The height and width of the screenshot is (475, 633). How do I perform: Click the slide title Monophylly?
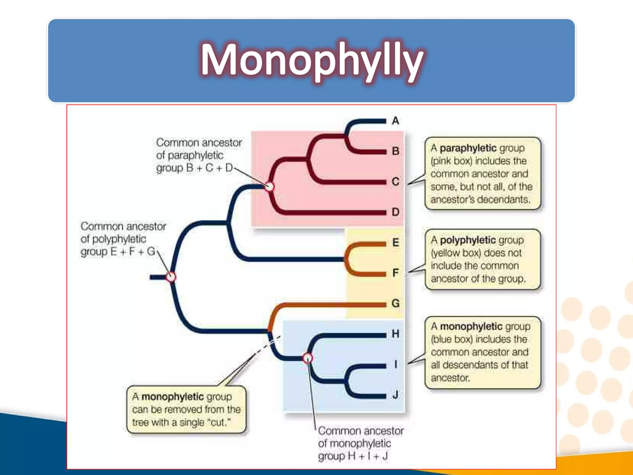point(312,60)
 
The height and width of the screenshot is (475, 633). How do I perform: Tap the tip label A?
point(395,121)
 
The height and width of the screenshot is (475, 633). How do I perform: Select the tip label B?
point(395,151)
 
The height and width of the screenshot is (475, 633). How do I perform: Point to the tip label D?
point(395,212)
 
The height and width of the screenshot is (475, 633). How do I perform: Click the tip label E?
point(395,242)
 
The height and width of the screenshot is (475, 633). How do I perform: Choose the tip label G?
point(395,303)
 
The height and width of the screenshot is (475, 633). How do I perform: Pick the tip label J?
point(395,395)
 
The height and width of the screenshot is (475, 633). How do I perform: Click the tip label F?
point(395,273)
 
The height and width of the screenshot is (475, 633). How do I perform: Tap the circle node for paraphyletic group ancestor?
point(270,186)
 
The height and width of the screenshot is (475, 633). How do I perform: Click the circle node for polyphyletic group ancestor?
point(171,277)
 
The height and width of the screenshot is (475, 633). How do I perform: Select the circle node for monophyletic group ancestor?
point(308,358)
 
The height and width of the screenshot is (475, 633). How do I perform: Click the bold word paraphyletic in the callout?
point(468,148)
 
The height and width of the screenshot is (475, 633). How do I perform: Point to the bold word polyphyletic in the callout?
point(468,240)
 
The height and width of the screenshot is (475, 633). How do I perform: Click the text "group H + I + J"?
point(353,456)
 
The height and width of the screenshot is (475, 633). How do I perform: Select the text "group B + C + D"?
point(194,168)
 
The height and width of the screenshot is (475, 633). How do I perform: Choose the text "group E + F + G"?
point(117,252)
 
